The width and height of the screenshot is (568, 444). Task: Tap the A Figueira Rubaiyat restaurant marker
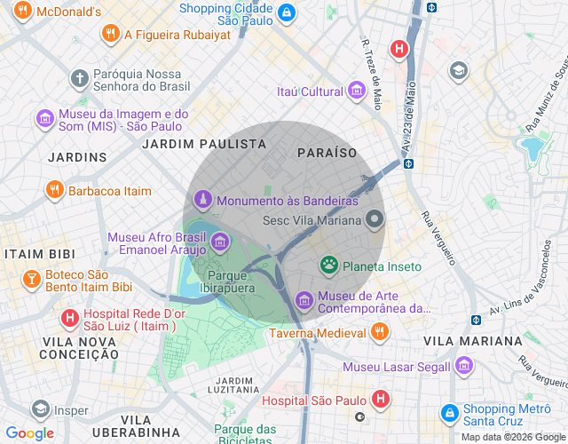tap(111, 34)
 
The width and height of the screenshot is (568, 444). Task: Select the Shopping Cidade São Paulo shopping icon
tap(287, 13)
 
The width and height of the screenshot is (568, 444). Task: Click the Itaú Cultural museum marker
tap(357, 91)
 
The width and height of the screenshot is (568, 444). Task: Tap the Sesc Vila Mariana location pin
tap(375, 219)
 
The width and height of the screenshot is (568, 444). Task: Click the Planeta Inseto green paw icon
tap(329, 266)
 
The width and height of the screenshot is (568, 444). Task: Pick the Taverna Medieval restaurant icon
tap(380, 332)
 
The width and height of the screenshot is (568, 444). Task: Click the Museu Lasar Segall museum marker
tap(463, 366)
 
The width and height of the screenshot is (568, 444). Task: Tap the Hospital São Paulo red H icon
tap(381, 399)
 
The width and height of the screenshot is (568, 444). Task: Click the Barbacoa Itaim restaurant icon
tap(55, 190)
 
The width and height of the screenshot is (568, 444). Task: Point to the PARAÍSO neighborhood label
tap(327, 153)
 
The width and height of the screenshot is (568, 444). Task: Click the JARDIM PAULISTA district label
tap(204, 143)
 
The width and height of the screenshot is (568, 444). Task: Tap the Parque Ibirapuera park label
tap(225, 281)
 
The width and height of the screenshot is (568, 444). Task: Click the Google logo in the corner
tap(30, 433)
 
